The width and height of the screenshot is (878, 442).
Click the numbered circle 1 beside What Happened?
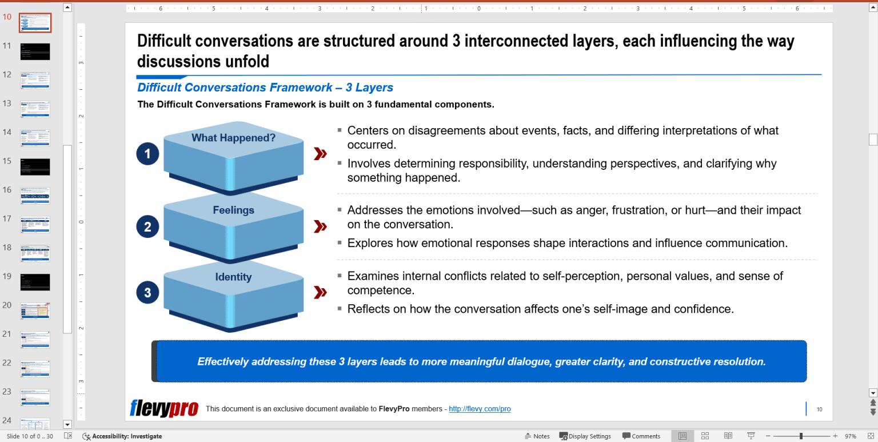pos(147,154)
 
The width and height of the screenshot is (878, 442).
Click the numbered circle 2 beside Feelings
pos(147,227)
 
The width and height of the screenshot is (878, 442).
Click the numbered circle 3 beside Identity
pos(147,293)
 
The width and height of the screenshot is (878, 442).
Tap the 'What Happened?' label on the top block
pos(233,138)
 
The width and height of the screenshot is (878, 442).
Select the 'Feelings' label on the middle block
pos(233,210)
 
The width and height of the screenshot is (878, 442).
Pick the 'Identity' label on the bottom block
pos(233,277)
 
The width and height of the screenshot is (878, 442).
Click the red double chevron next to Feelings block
pos(321,227)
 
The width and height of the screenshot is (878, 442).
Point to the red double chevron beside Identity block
pos(321,293)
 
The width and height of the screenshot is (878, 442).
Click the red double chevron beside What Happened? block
pos(321,154)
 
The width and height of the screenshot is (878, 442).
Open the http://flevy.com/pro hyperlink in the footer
pos(480,409)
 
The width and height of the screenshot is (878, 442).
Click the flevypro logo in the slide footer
pos(164,408)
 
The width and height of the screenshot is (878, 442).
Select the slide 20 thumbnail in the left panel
pos(35,310)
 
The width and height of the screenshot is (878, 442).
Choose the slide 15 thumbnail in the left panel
pos(35,166)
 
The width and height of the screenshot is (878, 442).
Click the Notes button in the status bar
pos(537,436)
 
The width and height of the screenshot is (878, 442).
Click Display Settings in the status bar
pos(585,436)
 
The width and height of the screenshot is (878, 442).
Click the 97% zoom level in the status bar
pos(851,436)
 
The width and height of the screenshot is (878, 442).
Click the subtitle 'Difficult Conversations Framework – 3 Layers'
pos(265,87)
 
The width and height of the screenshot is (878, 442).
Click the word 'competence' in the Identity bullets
pos(380,290)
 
